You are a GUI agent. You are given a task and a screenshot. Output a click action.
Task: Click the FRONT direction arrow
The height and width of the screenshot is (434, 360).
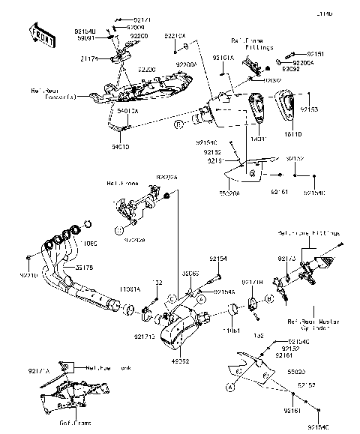click(x=42, y=33)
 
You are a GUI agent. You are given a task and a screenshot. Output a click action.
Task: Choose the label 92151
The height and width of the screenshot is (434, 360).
click(x=314, y=55)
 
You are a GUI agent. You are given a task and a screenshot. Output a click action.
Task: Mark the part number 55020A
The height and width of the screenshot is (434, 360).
click(x=226, y=193)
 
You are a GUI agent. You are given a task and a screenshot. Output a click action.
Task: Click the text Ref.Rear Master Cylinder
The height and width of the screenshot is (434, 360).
click(x=313, y=325)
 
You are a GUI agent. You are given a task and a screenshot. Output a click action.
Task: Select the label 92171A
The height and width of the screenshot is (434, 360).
click(x=39, y=370)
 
